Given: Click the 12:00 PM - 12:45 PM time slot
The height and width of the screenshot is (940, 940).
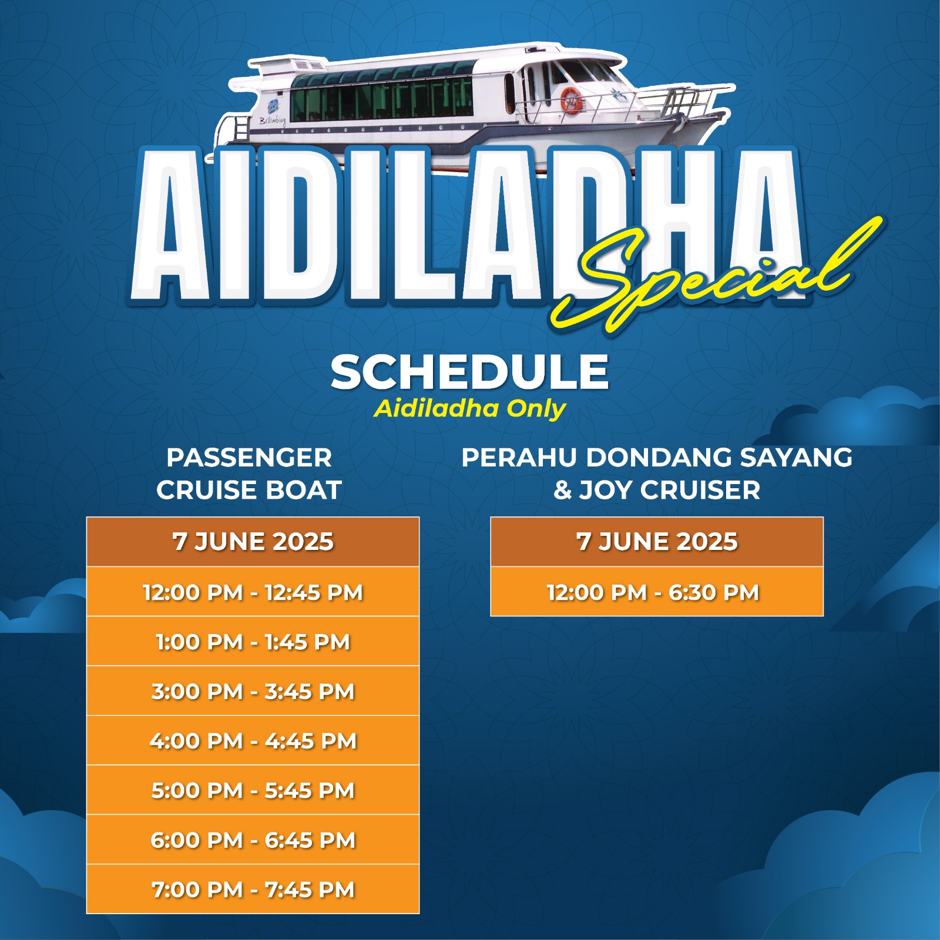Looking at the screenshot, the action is pos(253,592).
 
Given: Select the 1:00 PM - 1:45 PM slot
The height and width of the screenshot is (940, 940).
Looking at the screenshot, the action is pos(253,642).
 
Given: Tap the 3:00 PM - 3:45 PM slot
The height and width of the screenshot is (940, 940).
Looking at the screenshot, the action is pos(253,691).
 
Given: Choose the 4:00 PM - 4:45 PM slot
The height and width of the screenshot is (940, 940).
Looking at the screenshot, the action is pos(253,740).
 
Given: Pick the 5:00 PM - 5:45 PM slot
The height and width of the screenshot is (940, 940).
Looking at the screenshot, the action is pos(253,790).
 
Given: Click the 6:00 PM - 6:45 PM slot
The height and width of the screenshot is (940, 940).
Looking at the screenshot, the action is pos(253,840).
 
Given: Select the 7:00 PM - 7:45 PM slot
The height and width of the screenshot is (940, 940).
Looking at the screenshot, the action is pos(253,889).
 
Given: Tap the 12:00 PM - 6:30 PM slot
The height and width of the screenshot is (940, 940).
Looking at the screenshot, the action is pos(657,592).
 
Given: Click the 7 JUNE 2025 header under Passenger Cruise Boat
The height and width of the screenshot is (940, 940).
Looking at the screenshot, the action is pos(253,542).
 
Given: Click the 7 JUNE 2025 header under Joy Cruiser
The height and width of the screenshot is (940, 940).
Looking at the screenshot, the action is pos(657,542).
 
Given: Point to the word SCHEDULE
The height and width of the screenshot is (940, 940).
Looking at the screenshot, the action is pos(469,372).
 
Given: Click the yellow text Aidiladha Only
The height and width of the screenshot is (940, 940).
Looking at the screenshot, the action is pos(470,409).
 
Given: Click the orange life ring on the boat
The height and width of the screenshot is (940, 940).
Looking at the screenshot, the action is pos(570,99).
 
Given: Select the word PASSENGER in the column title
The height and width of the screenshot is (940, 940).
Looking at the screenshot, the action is pos(249,458).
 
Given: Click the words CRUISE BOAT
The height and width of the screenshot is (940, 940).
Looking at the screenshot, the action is pos(249,490).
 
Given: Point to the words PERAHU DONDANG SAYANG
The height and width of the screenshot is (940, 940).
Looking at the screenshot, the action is pos(657,458).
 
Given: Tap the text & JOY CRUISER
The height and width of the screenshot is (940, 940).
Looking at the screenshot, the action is pos(657,490).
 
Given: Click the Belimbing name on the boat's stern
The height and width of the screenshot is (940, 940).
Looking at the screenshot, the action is pos(273,121).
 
